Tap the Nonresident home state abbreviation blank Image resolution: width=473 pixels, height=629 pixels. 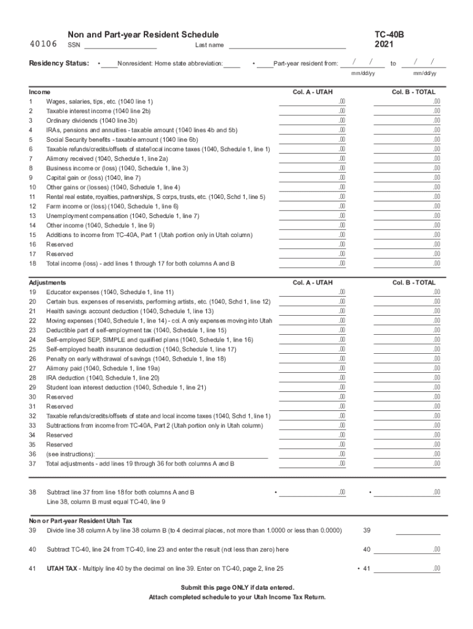tap(232, 63)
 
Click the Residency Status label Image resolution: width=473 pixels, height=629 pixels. tap(59, 63)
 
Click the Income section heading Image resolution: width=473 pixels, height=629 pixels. tap(40, 92)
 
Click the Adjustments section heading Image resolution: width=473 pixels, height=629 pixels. tap(48, 283)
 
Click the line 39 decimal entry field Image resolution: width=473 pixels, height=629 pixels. tap(418, 531)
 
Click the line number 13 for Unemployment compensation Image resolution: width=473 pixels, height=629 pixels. tap(32, 216)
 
